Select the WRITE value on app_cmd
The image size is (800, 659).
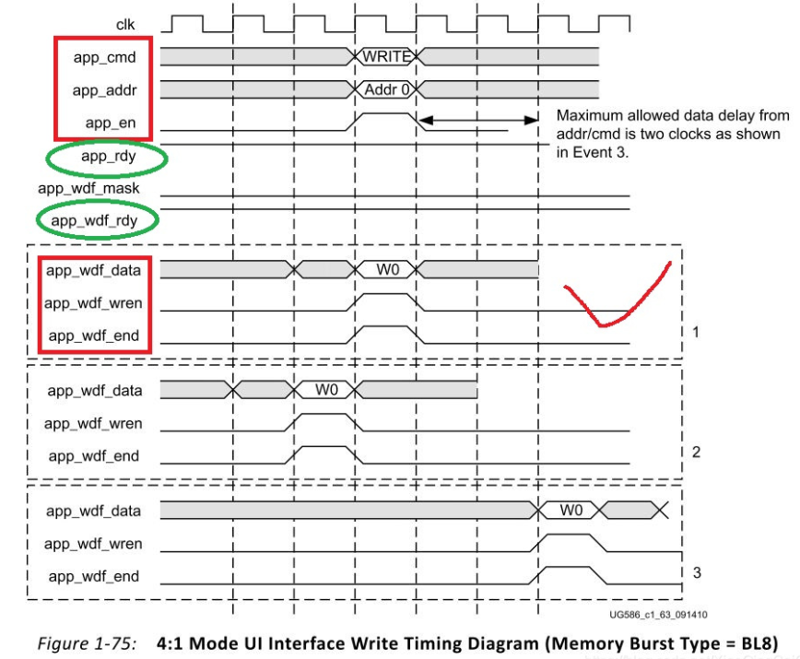(x=386, y=56)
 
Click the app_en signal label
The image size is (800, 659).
(x=111, y=123)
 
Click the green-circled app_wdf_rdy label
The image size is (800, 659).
(x=97, y=221)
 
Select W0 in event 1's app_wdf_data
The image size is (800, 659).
(x=387, y=269)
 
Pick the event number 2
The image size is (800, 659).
(x=696, y=452)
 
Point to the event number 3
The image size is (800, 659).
(x=696, y=572)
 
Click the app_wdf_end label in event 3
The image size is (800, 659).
(x=94, y=576)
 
